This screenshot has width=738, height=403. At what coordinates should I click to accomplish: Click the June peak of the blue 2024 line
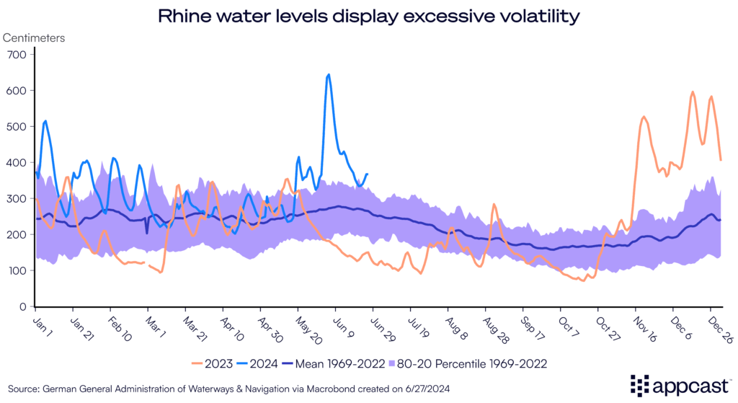[329, 74]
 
